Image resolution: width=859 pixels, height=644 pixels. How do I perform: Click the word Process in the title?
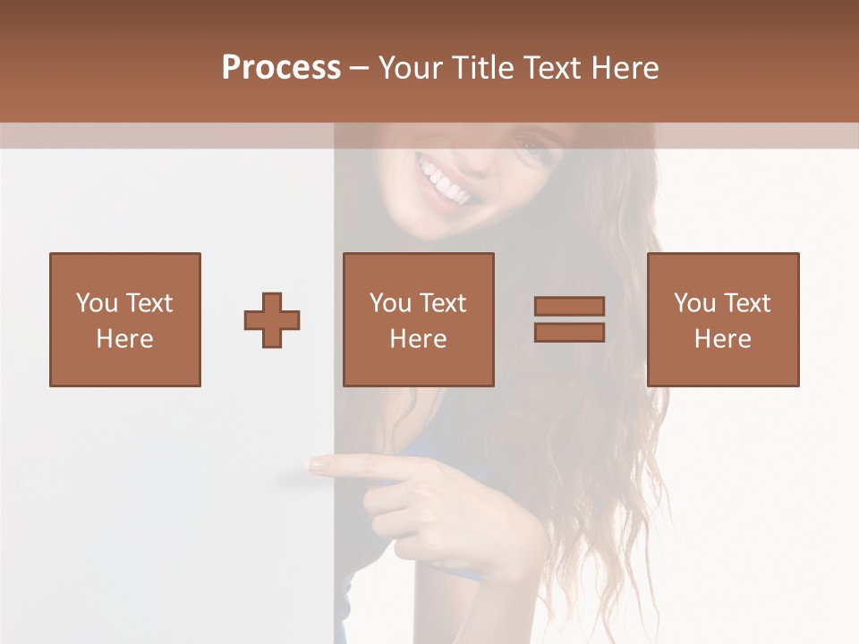281,68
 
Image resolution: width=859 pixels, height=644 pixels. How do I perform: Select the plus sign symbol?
272,319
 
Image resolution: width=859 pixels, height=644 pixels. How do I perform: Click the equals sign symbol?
569,319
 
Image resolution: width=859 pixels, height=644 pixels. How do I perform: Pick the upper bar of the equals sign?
569,307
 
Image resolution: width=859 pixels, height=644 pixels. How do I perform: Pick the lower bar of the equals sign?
569,332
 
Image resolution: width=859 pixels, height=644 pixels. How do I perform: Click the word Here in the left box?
124,339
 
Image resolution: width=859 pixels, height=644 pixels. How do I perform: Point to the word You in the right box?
695,303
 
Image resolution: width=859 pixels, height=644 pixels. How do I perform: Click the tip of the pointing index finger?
315,464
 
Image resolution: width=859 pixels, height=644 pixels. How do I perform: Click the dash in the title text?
360,68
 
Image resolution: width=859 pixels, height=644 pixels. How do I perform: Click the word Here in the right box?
723,339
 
